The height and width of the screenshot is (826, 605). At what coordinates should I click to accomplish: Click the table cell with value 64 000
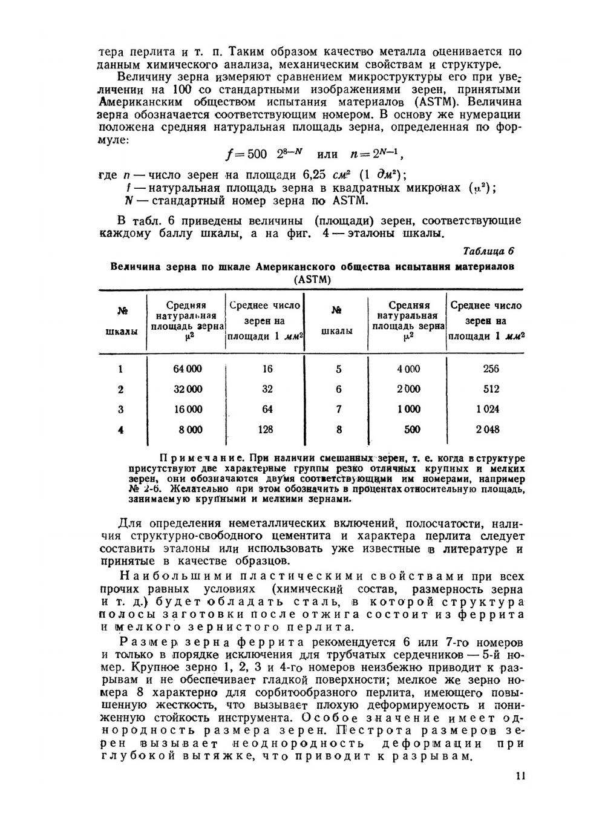[188, 369]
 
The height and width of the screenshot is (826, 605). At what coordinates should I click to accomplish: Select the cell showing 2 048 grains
[487, 430]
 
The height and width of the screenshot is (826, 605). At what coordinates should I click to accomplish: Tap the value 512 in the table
[491, 389]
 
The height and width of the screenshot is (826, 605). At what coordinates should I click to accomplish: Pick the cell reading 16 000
[188, 410]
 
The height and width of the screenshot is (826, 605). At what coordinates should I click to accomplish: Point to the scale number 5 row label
[339, 369]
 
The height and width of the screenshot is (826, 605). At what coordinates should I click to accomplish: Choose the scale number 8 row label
[339, 430]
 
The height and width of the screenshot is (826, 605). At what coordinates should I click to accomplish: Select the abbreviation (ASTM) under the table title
[312, 280]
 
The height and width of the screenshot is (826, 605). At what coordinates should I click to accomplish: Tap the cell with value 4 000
[408, 369]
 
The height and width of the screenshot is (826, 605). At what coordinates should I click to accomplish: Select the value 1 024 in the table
[487, 410]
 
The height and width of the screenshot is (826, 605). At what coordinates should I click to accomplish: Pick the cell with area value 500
[412, 430]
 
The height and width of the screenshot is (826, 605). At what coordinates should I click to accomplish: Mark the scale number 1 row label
[121, 369]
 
